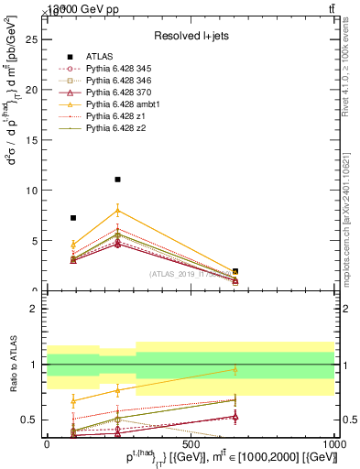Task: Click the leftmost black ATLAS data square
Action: (x=73, y=218)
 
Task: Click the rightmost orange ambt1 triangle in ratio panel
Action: (x=235, y=369)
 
